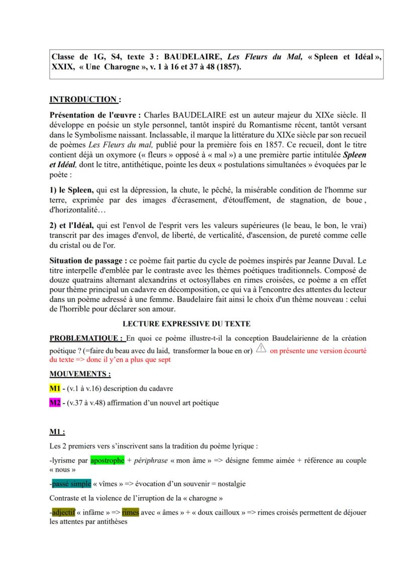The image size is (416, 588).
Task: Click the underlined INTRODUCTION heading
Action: point(82,99)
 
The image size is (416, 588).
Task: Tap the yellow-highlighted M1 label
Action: point(54,388)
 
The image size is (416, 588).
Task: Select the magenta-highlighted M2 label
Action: point(54,403)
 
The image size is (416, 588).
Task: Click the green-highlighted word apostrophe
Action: point(107,460)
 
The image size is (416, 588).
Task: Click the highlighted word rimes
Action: point(130,513)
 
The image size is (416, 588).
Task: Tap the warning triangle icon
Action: point(261,349)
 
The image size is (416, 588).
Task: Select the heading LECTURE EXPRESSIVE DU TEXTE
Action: point(186,324)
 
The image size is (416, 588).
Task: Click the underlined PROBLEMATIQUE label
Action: point(85,338)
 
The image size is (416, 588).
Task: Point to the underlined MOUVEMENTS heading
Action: point(80,374)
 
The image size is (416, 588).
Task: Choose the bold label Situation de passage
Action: point(88,261)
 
